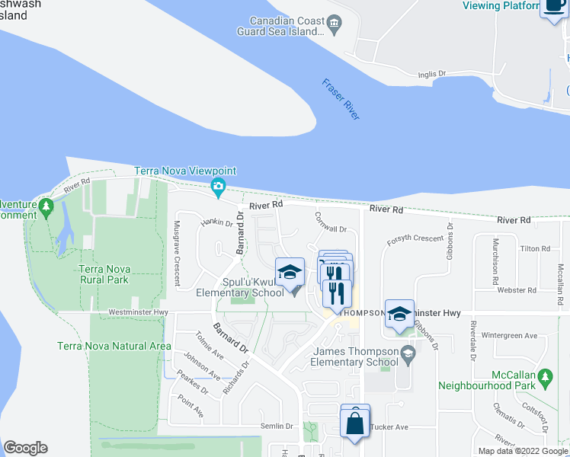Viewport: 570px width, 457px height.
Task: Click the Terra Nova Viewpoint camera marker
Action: click(219, 186)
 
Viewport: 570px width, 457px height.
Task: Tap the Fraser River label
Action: click(340, 99)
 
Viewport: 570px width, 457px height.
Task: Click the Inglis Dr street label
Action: click(432, 74)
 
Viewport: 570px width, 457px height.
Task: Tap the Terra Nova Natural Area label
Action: click(114, 346)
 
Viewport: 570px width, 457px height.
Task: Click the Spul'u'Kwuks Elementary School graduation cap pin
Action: click(290, 273)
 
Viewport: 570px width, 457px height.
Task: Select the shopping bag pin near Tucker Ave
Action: click(355, 420)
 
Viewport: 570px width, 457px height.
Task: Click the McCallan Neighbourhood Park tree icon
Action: click(545, 377)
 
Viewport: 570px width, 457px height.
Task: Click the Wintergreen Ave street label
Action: click(510, 335)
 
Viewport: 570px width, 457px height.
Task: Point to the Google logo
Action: click(25, 448)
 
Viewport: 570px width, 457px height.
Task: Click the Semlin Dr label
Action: click(278, 427)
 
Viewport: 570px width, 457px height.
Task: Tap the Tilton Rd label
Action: click(535, 249)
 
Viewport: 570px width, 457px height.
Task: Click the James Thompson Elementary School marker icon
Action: click(408, 353)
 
